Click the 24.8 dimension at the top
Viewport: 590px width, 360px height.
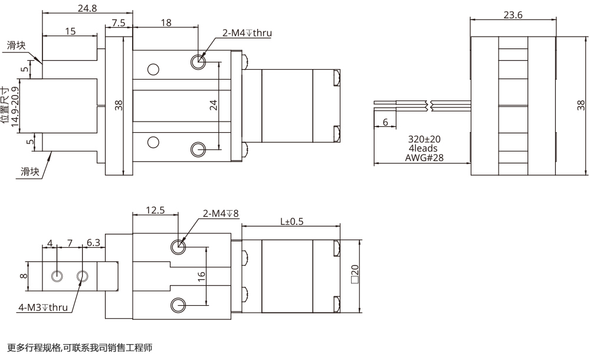[x=88, y=8]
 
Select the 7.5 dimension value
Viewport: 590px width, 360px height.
[x=118, y=22]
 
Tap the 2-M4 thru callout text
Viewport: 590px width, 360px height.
[x=247, y=33]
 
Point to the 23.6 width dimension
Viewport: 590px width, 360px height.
[x=513, y=15]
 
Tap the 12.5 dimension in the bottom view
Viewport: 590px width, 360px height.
[x=155, y=211]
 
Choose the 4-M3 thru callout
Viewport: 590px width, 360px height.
[x=42, y=307]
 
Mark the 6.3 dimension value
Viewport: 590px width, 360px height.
[x=93, y=243]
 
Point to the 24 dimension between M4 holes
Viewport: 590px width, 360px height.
[x=214, y=105]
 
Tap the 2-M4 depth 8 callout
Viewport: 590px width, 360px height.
[x=221, y=214]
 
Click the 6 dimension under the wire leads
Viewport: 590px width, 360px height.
[x=385, y=122]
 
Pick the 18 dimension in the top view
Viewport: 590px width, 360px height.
[x=166, y=22]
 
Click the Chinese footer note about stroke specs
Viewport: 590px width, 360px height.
[x=80, y=348]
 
